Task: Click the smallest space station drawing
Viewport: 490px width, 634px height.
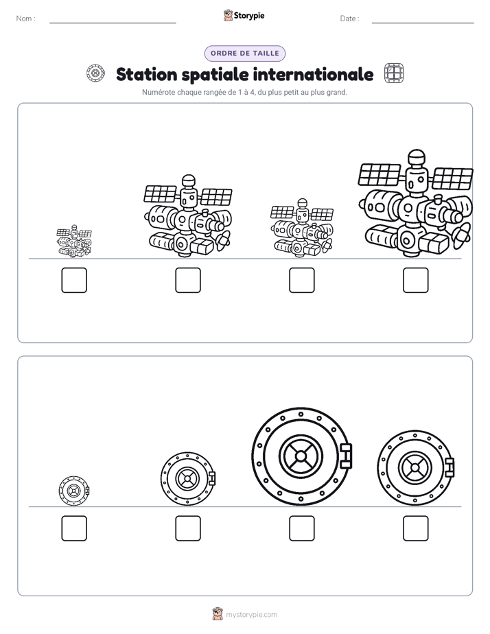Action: pos(74,242)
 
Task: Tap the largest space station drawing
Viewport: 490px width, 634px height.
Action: pos(415,204)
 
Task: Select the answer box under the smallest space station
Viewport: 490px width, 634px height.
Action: pos(74,280)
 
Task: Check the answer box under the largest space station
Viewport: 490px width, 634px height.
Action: pos(416,280)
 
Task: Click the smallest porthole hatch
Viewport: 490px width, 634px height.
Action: pos(74,491)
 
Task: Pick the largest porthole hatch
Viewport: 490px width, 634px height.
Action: pos(301,456)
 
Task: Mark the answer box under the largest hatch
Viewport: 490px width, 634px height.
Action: pos(301,528)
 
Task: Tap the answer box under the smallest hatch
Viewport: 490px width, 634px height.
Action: pos(74,528)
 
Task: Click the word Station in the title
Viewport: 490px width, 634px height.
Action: pos(147,74)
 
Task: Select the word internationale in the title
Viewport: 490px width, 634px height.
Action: pos(314,74)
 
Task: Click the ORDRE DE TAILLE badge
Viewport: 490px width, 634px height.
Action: pos(244,54)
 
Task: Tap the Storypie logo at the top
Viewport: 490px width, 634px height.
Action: pos(244,15)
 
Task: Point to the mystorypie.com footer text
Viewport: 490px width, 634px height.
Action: pos(251,615)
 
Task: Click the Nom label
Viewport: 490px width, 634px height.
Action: pos(26,19)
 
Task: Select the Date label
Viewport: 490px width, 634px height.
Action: pos(350,19)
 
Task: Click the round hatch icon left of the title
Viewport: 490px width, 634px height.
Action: pos(95,73)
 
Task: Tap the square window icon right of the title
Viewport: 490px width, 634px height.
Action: pos(394,73)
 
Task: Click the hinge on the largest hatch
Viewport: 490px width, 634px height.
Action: pos(346,456)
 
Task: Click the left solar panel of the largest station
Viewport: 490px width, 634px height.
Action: pos(380,174)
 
